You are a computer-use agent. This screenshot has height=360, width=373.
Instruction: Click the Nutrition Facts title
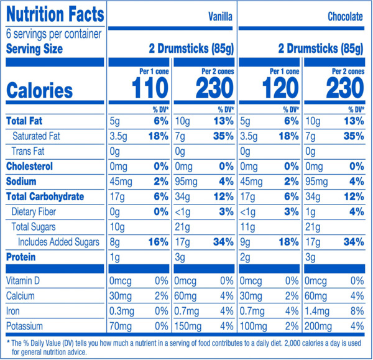[x=55, y=14]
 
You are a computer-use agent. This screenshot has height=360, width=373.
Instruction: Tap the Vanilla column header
[x=220, y=17]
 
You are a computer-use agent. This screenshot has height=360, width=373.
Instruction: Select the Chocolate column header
[x=345, y=17]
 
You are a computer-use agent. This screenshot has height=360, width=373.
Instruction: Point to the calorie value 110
[x=150, y=88]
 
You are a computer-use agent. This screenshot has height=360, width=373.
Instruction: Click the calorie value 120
[x=280, y=88]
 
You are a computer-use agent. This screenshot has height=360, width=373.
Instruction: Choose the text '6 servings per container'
[x=53, y=34]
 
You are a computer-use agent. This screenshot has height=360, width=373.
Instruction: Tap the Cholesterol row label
[x=29, y=166]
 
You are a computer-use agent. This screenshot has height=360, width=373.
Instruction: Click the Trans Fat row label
[x=28, y=151]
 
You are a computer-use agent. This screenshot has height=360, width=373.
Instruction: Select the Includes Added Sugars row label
[x=58, y=242]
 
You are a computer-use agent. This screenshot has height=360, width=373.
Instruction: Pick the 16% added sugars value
[x=158, y=242]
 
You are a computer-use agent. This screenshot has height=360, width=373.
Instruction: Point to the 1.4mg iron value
[x=317, y=312]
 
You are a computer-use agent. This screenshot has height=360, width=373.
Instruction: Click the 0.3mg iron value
[x=122, y=312]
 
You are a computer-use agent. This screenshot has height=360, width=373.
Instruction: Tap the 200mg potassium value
[x=318, y=326]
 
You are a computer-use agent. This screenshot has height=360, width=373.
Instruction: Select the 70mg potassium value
[x=121, y=326]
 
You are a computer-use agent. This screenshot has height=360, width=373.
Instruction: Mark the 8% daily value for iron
[x=357, y=311]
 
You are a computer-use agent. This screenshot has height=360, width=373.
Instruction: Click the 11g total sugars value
[x=247, y=227]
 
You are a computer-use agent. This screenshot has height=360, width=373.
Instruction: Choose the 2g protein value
[x=245, y=257]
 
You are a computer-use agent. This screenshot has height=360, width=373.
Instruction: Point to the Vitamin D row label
[x=23, y=281]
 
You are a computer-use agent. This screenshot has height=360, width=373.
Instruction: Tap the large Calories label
[x=40, y=90]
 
